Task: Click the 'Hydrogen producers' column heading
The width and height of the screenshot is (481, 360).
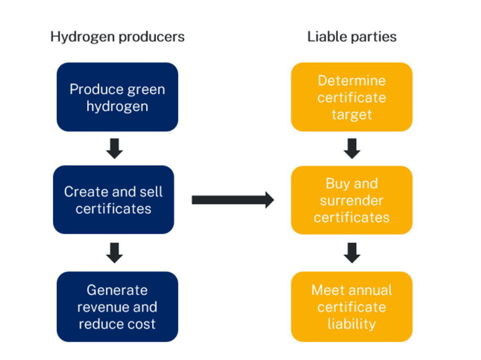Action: pos(117,37)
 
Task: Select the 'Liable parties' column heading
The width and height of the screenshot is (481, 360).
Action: pos(351,37)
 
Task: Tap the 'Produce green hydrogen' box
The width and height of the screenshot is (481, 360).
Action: pos(117,97)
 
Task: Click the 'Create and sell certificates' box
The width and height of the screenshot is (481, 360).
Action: pos(113,200)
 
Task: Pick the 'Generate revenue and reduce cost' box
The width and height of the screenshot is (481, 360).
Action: pos(117,307)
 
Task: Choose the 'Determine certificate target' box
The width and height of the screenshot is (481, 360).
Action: pos(351,97)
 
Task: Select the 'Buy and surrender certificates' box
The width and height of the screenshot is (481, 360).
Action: pos(351,200)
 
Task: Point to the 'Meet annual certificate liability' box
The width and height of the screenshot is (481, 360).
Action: pos(351,307)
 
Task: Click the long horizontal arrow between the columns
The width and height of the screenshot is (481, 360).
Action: pos(232,200)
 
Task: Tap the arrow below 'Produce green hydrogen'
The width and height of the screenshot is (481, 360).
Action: pos(114,149)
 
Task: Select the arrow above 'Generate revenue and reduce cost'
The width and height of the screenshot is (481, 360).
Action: pos(114,253)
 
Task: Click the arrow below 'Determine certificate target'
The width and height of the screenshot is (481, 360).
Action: pos(352,149)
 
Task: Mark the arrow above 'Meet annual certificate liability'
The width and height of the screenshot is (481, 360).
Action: pos(352,253)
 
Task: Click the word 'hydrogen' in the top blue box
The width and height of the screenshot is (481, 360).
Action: pos(117,106)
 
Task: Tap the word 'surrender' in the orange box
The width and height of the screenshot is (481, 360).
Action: pos(351,200)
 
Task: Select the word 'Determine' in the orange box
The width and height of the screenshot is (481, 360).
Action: pos(351,81)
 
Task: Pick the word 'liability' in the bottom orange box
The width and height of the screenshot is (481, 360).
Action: pos(351,324)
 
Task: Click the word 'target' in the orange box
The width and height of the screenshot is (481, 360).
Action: pos(351,114)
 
